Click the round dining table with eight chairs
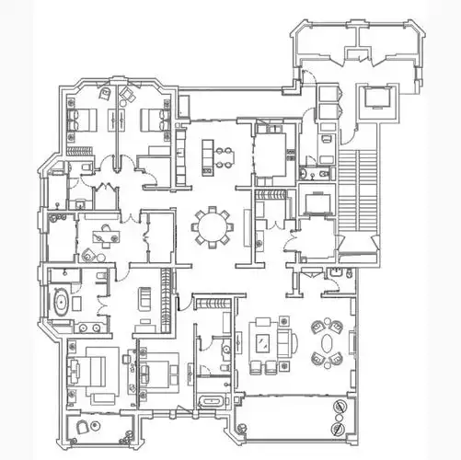pyautogui.click(x=213, y=225)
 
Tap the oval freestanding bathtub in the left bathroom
pyautogui.click(x=60, y=302)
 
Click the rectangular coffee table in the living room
pyautogui.click(x=264, y=343)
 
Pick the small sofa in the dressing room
pyautogui.click(x=145, y=300)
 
